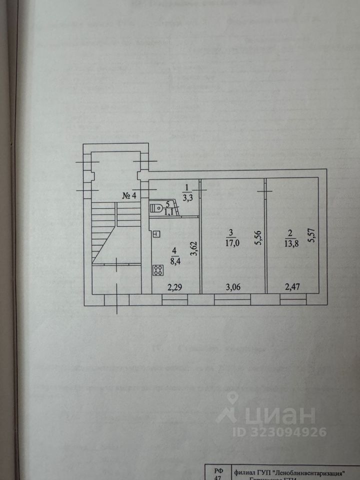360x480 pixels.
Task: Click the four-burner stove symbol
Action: tap(158, 270)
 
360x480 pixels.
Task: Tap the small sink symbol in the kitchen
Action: tap(156, 233)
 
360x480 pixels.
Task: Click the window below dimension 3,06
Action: tap(232, 299)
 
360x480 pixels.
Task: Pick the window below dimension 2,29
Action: tap(175, 299)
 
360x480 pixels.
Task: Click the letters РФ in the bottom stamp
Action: tap(218, 471)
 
